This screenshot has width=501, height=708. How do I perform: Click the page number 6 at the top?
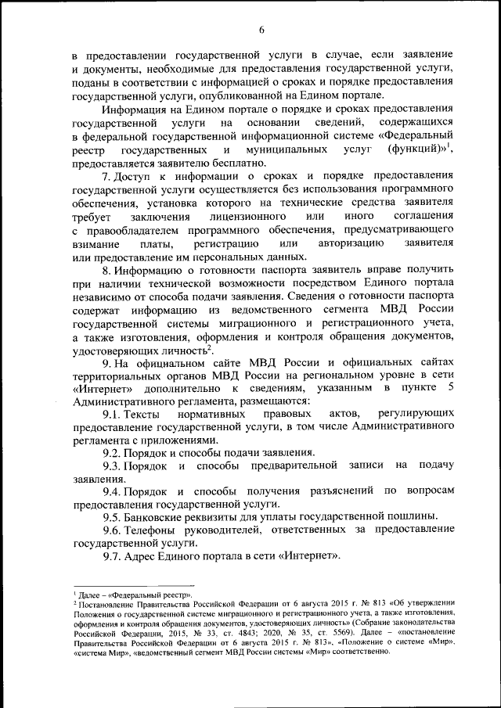261,30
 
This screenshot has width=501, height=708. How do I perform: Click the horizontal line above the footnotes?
133,586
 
